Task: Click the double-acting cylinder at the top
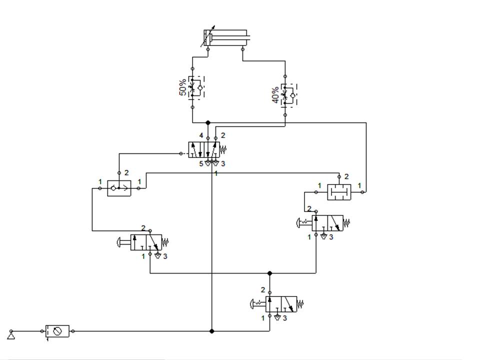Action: pos(225,38)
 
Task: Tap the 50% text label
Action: pos(183,88)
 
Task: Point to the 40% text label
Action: pos(275,95)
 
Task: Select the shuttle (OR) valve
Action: pos(119,188)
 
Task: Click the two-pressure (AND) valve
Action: pos(339,192)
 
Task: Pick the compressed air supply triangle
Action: pos(11,334)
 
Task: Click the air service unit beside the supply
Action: pos(57,331)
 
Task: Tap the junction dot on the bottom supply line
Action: pos(212,331)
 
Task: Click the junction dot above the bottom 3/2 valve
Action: pos(270,273)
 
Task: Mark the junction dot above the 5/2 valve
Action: pos(208,122)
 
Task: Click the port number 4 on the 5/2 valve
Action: pos(201,135)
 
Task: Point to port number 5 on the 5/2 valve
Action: pos(201,163)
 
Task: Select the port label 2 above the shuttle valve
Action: pos(126,172)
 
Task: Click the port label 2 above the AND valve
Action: pos(346,176)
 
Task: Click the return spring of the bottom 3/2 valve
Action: pos(300,303)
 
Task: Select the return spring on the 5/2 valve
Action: pos(224,149)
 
